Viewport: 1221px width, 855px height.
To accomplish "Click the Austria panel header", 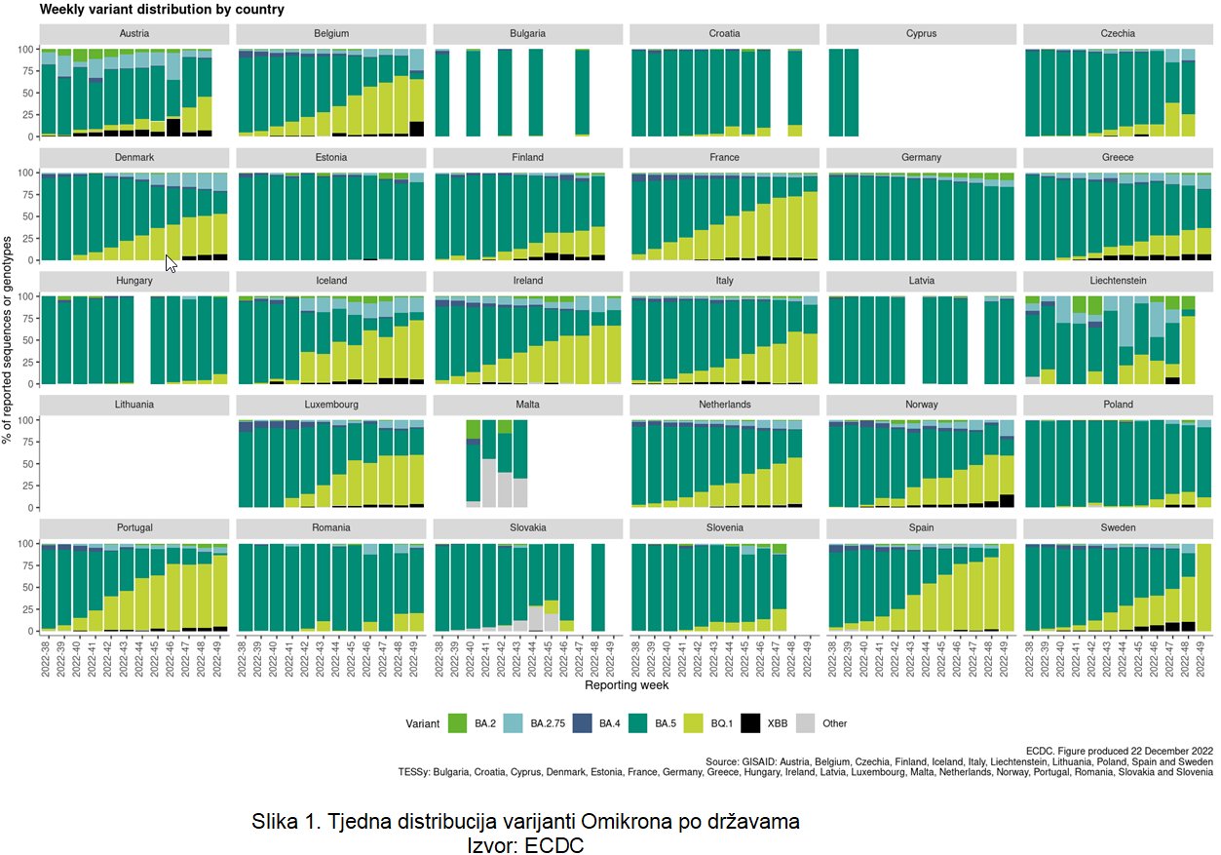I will coord(134,33).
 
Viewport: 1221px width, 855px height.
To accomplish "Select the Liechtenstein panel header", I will coord(1118,281).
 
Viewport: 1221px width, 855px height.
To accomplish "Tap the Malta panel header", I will coord(528,404).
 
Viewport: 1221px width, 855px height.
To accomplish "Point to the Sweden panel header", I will coord(1118,527).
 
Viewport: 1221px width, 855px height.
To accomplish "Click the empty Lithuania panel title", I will coord(134,404).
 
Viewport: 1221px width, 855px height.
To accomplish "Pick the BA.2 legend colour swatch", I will coord(456,723).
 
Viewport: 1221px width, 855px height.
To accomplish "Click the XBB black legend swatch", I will coord(750,723).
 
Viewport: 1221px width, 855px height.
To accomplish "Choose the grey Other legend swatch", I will coord(806,723).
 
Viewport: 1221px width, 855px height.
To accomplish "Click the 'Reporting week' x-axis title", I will coord(626,686).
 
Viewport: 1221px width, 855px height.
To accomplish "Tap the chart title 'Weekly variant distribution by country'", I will coord(162,10).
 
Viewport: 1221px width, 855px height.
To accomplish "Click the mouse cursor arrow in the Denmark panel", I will coord(171,262).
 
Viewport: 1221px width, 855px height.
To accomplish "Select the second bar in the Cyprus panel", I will coord(852,93).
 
